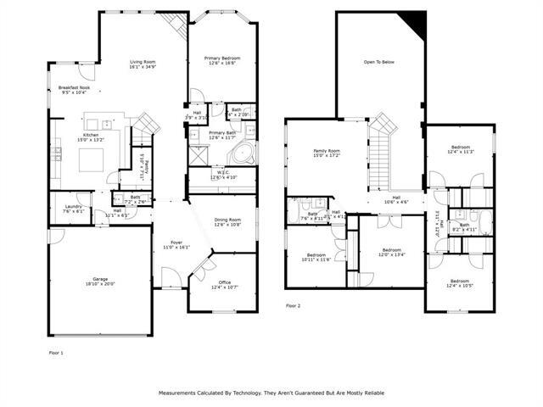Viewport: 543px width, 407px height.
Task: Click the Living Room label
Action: tap(142, 62)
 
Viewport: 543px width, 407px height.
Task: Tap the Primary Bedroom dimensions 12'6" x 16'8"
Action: tap(222, 64)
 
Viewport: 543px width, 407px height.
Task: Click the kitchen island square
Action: tap(92, 159)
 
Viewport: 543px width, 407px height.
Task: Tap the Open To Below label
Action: tap(379, 62)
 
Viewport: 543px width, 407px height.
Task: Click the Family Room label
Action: tap(326, 150)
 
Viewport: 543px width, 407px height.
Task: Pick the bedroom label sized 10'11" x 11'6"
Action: tap(316, 255)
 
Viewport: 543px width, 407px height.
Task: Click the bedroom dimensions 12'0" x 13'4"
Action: tap(391, 254)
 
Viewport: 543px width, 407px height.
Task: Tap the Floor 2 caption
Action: tap(294, 305)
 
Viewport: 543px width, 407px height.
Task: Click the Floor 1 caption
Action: tap(54, 352)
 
